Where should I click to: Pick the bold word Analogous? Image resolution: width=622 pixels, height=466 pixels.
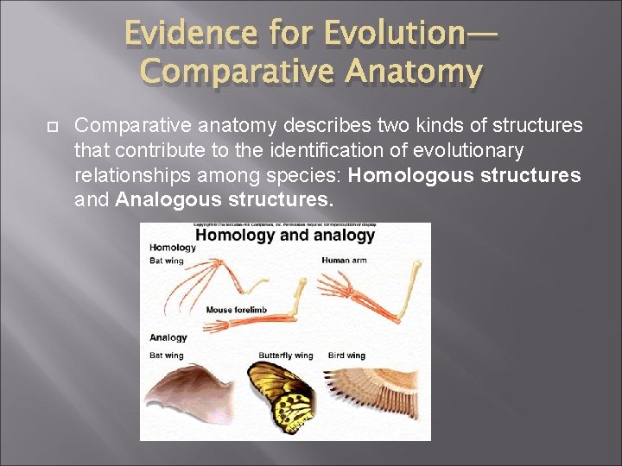click(162, 200)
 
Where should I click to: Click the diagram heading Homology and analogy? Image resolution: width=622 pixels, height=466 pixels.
click(285, 235)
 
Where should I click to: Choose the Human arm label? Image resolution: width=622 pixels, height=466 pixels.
click(343, 260)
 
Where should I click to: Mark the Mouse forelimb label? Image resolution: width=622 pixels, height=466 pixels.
click(237, 309)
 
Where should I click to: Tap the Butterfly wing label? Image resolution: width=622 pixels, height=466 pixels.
click(285, 356)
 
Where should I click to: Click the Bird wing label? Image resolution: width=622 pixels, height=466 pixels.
click(346, 356)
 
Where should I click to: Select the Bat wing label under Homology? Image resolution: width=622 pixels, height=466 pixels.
click(167, 261)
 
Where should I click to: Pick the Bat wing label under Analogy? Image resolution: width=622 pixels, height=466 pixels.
click(167, 356)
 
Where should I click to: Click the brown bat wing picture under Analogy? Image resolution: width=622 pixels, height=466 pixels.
click(190, 397)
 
